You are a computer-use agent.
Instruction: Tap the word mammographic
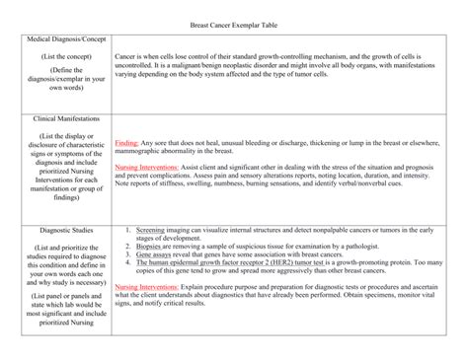pyautogui.click(x=144, y=152)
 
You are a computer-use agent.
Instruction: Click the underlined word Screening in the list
pyautogui.click(x=151, y=229)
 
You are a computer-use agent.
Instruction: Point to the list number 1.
pyautogui.click(x=128, y=229)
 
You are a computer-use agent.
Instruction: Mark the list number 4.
pyautogui.click(x=128, y=264)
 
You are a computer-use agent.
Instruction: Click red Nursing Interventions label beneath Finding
pyautogui.click(x=148, y=168)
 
